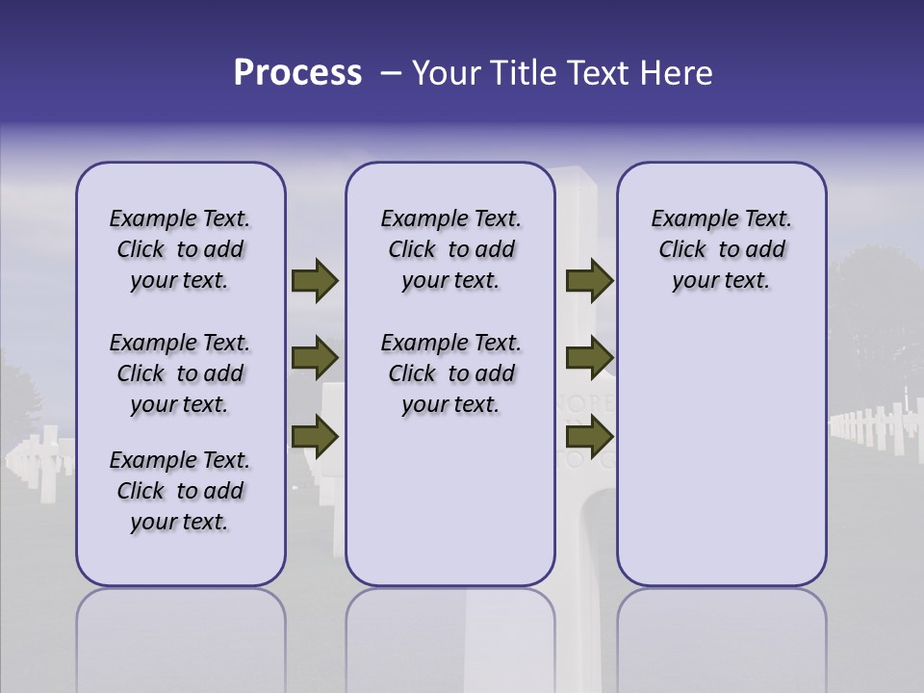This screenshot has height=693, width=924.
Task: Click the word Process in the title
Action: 297,73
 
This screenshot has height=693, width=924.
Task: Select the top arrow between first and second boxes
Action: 315,281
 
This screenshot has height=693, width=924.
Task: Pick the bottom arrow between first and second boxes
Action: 315,438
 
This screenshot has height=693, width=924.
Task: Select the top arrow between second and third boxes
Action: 589,281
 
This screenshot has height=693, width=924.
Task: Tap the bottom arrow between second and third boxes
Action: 589,438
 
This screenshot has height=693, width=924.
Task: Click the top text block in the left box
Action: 180,249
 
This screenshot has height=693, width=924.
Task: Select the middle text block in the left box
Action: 180,373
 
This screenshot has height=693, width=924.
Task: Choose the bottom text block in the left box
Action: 180,491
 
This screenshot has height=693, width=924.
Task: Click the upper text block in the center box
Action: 450,249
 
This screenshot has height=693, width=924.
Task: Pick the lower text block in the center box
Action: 450,373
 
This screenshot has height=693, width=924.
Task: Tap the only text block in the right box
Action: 721,249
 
